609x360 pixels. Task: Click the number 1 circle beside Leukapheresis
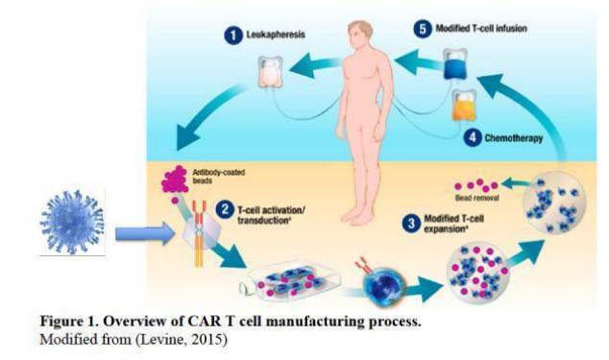click(x=231, y=36)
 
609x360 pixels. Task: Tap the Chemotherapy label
click(x=513, y=138)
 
